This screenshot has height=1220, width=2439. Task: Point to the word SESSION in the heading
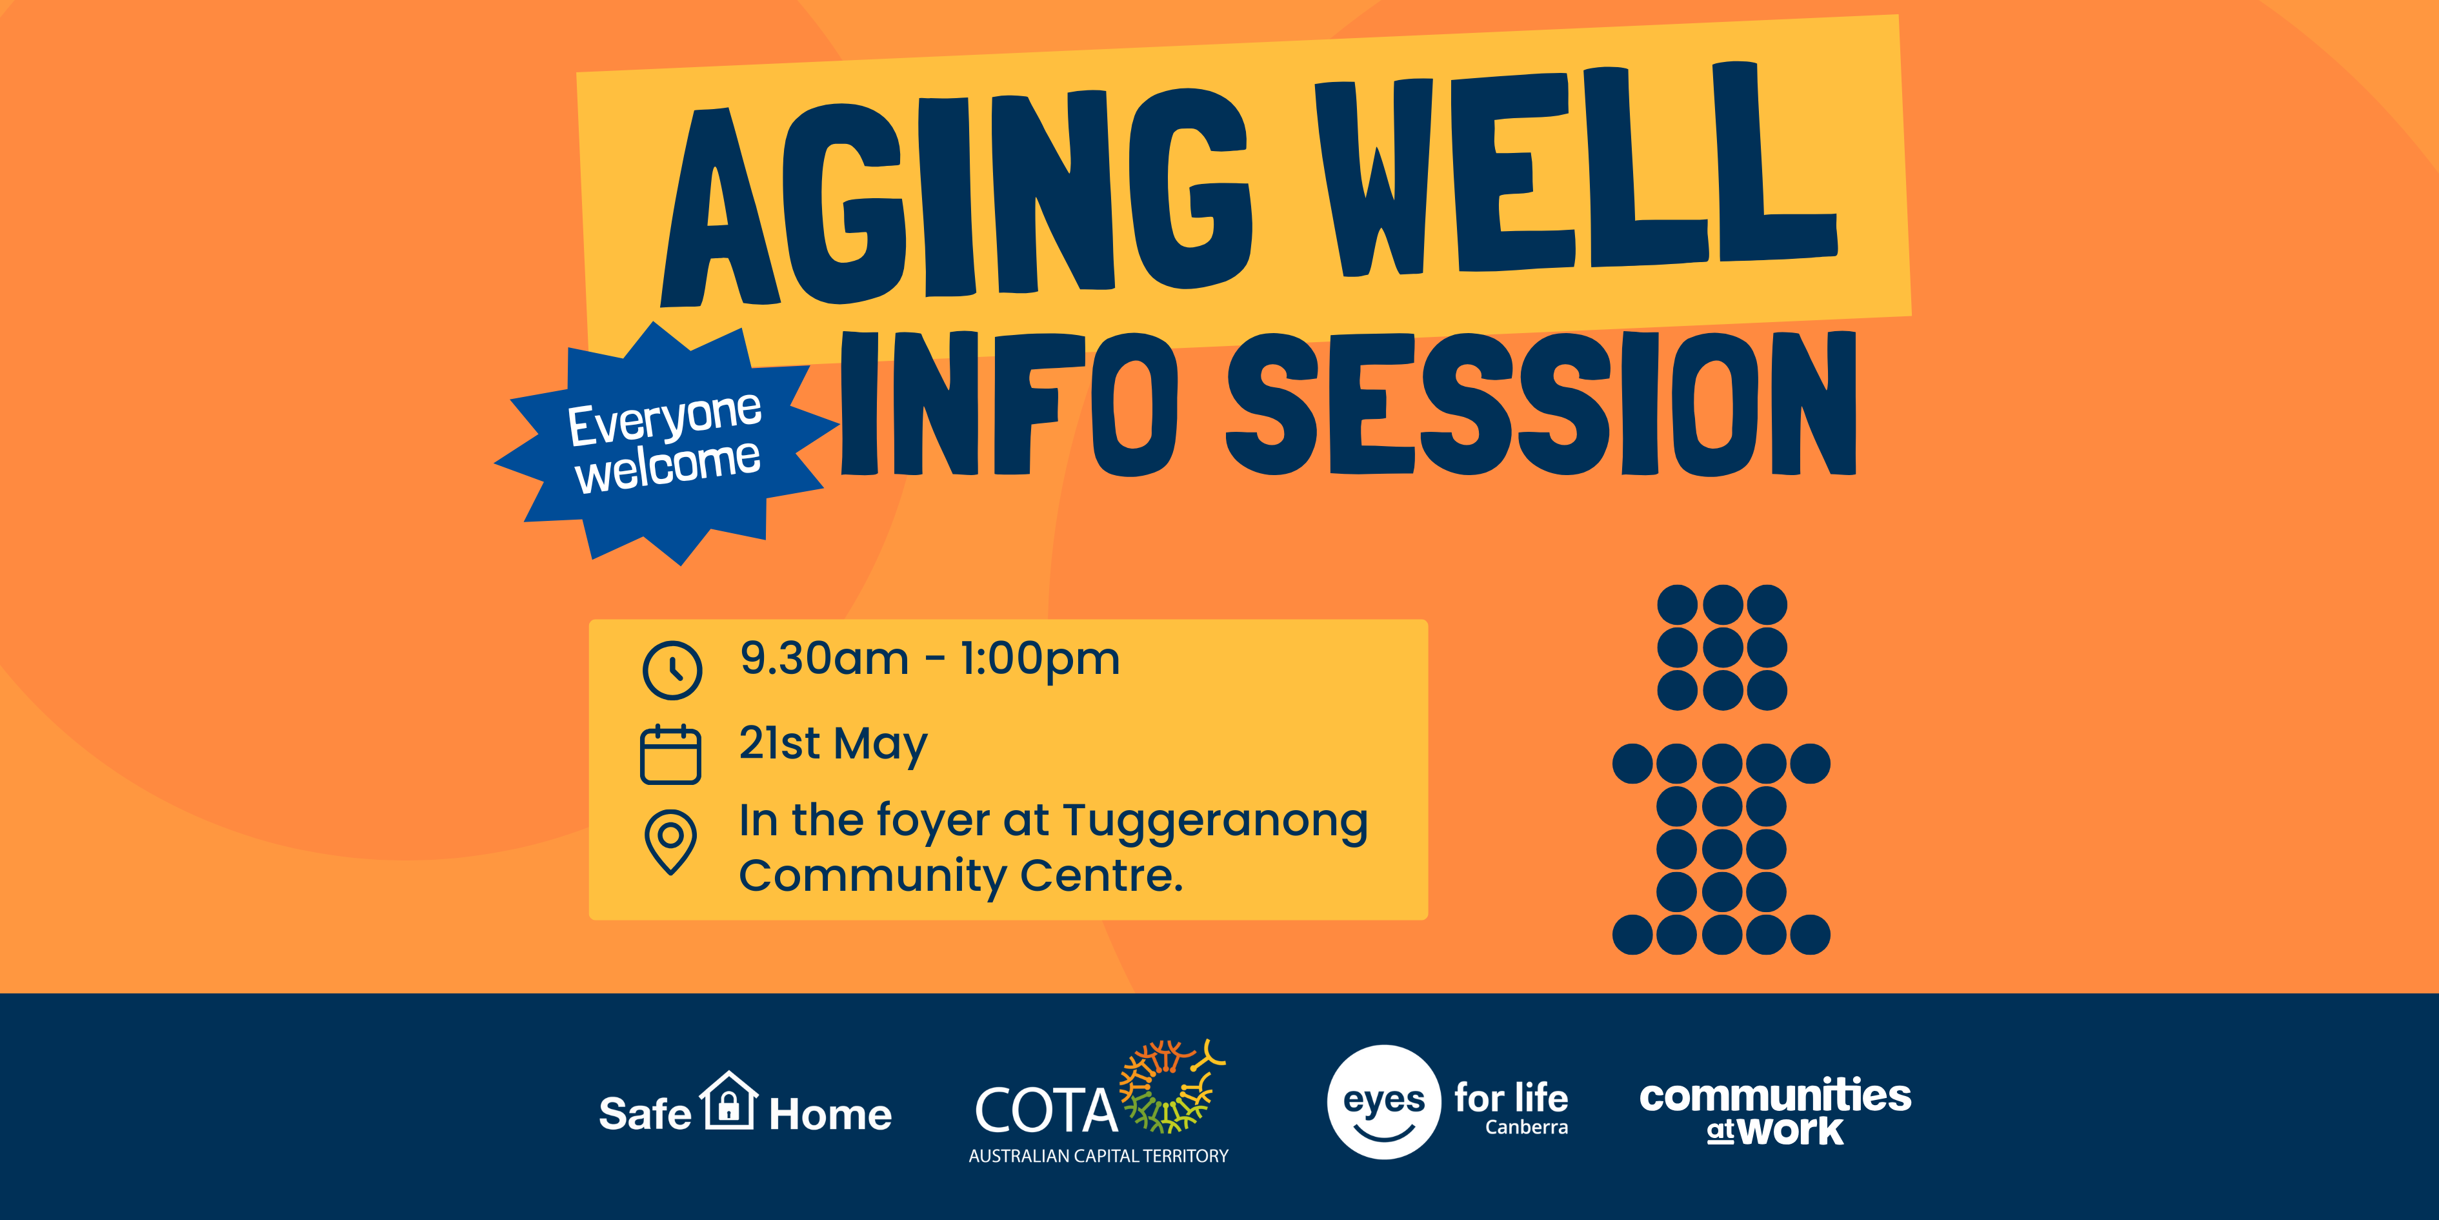tap(1541, 403)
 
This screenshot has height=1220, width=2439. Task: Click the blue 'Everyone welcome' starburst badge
tap(667, 444)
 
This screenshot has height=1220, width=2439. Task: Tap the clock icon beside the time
tap(672, 671)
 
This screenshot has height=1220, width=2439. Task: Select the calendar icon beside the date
tap(670, 754)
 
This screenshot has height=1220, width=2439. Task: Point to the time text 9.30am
tap(824, 658)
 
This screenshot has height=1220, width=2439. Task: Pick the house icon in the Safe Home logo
tap(728, 1100)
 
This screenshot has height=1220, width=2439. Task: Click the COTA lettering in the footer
tap(1046, 1110)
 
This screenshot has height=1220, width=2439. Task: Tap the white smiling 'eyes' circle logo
tap(1384, 1102)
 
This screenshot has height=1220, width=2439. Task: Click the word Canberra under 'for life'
tap(1526, 1127)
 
